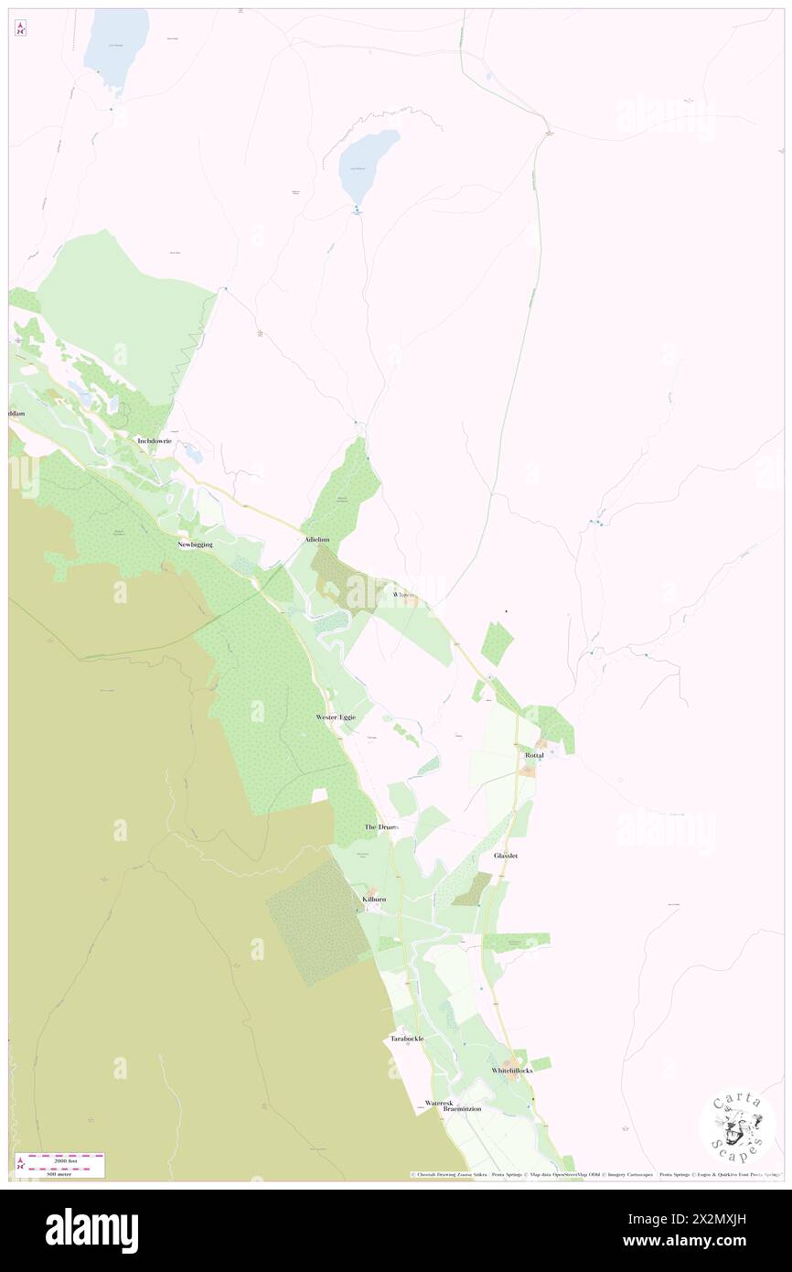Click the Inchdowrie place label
point(155,441)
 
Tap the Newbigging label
point(195,544)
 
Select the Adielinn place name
point(317,541)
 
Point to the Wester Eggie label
point(336,717)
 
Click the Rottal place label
point(534,755)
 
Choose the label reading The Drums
point(381,827)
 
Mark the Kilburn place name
point(374,900)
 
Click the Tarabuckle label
point(407,1040)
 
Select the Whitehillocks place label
point(512,1071)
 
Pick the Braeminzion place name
point(462,1109)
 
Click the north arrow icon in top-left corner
point(20,28)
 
